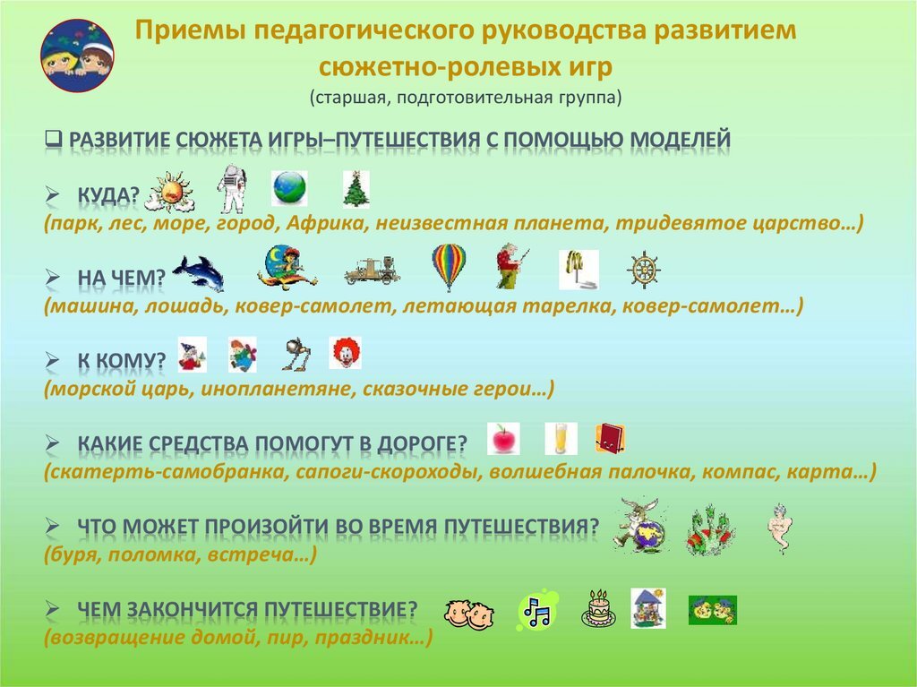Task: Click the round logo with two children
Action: click(x=77, y=56)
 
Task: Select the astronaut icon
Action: click(x=232, y=188)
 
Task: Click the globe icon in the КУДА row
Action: click(x=289, y=188)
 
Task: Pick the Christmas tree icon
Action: click(x=356, y=190)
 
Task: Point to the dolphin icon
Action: click(x=199, y=272)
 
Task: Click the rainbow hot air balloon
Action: click(x=449, y=267)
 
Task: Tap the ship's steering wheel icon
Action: click(x=644, y=271)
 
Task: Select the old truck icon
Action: click(x=372, y=271)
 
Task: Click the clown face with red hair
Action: click(x=345, y=353)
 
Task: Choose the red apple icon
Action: click(x=503, y=439)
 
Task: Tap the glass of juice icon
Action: click(x=561, y=439)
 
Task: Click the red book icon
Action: click(x=610, y=438)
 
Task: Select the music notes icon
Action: click(x=537, y=610)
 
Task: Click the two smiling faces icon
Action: click(x=469, y=614)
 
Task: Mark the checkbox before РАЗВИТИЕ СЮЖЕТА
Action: click(x=53, y=139)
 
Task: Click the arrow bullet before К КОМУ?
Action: click(x=53, y=360)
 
